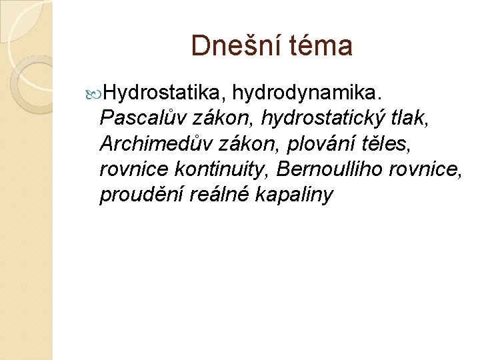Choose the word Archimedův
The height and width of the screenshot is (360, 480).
click(x=157, y=143)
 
